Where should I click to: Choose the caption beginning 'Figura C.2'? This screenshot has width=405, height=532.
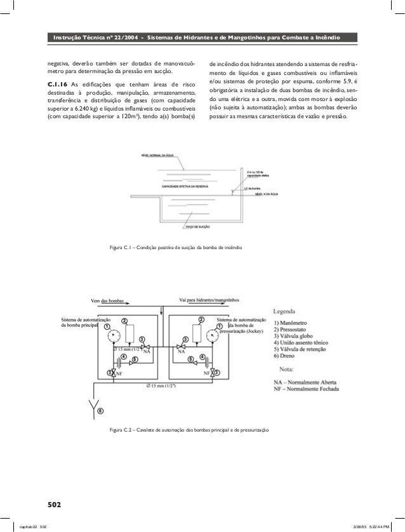coord(190,430)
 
